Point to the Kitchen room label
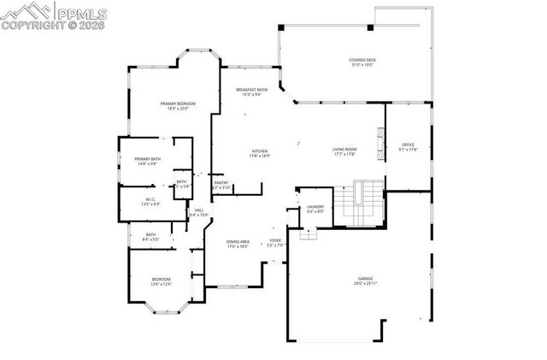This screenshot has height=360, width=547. tap(260, 153)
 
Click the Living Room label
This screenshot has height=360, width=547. tap(344, 152)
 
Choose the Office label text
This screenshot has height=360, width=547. tap(408, 147)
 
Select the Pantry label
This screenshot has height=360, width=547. tap(220, 184)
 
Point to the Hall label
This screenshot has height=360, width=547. tap(198, 212)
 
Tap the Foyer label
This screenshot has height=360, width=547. tap(275, 243)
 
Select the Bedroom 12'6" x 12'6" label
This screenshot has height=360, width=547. tap(162, 281)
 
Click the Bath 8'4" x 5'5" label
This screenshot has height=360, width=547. tap(150, 237)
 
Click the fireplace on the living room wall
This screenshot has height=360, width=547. tap(381, 138)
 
